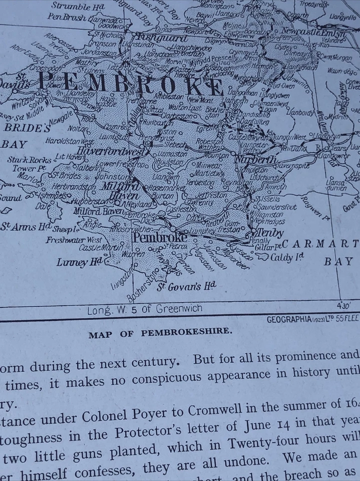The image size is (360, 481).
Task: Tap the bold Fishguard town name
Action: [155, 37]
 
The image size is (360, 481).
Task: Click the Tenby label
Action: [270, 233]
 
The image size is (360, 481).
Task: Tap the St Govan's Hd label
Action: [187, 287]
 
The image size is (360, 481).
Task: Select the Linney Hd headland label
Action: [80, 262]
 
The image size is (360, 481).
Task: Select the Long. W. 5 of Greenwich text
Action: [145, 310]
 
